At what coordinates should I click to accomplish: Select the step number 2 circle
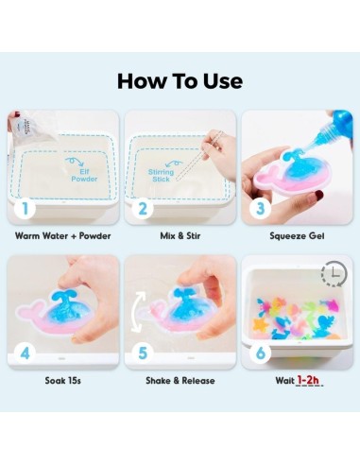point(144,205)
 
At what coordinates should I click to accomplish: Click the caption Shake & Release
point(179,381)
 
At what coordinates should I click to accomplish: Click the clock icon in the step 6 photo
point(334,274)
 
